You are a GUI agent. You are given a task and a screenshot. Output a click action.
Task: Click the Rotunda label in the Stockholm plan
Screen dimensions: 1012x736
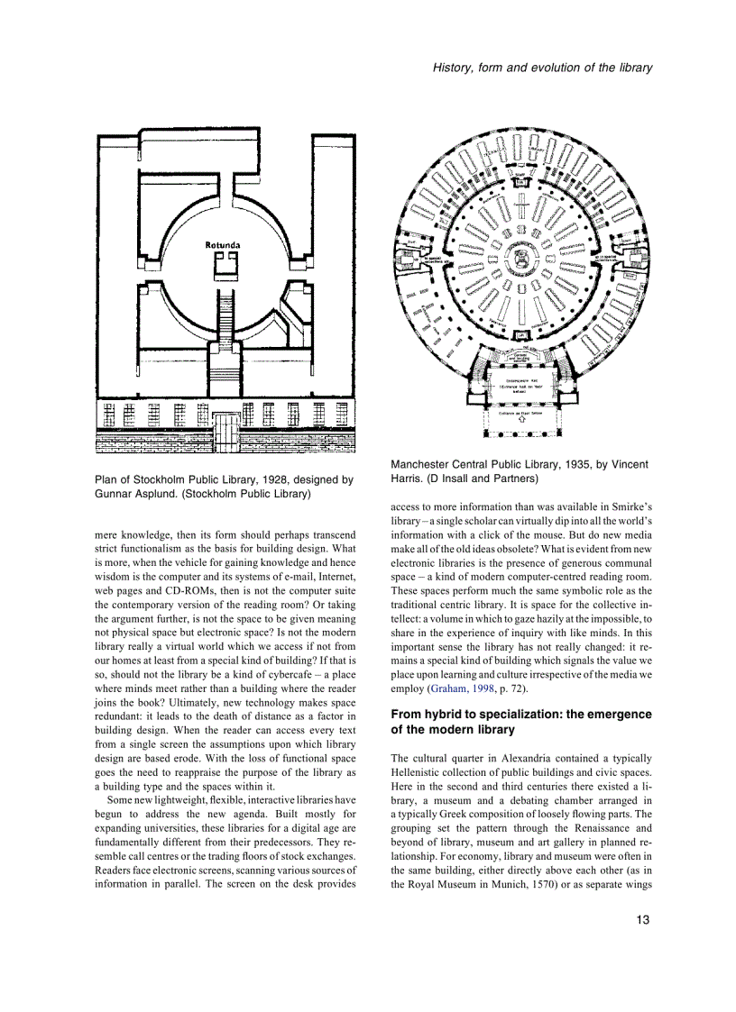[x=222, y=244]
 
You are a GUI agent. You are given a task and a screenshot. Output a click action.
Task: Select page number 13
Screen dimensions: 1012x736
[x=642, y=920]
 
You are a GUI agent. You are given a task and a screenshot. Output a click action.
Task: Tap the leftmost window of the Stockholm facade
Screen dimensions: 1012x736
[x=109, y=415]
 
